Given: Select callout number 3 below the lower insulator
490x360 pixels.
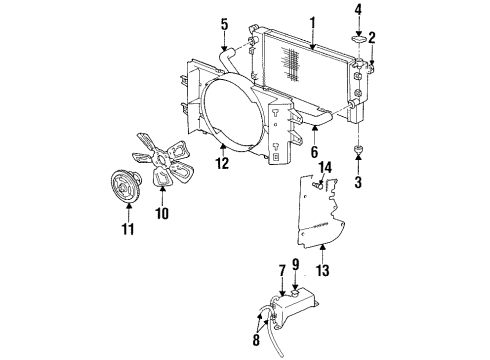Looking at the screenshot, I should tap(357, 184).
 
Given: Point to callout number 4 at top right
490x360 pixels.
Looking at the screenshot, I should tap(357, 13).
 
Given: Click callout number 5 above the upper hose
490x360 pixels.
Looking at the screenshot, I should tap(224, 22).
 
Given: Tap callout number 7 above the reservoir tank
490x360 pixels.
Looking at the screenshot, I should tap(283, 270).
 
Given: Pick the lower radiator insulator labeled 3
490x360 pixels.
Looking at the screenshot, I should tap(357, 152).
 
